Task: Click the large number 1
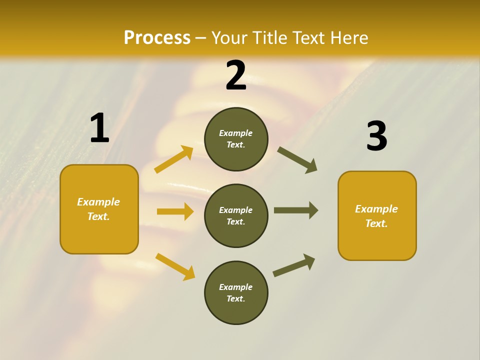[x=99, y=128]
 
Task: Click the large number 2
[x=236, y=75]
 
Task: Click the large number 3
[x=376, y=136]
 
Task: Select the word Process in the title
[x=157, y=37]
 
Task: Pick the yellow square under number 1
[x=99, y=209]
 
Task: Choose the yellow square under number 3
[x=377, y=215]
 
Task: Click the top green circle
[x=236, y=139]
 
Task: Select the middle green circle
[x=236, y=215]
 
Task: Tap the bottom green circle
[x=236, y=292]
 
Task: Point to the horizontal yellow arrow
[x=175, y=211]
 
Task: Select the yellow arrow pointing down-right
[x=175, y=266]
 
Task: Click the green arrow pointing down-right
[x=297, y=159]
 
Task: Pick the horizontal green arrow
[x=296, y=210]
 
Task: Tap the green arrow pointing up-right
[x=294, y=265]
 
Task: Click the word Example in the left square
[x=98, y=202]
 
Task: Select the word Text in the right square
[x=375, y=223]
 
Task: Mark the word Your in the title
[x=228, y=37]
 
